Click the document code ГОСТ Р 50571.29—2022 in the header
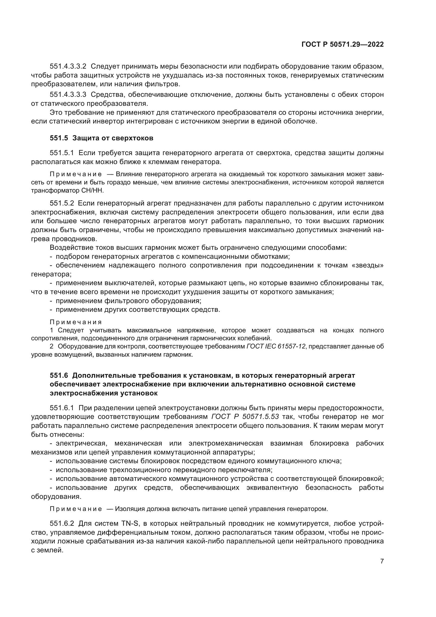coord(343,45)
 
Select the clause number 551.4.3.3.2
coord(68,66)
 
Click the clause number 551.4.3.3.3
coord(68,95)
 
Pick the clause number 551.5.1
coord(62,153)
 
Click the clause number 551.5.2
coord(62,203)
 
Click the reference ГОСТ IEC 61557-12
coord(276,346)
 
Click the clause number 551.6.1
coord(62,408)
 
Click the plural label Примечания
coord(76,322)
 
